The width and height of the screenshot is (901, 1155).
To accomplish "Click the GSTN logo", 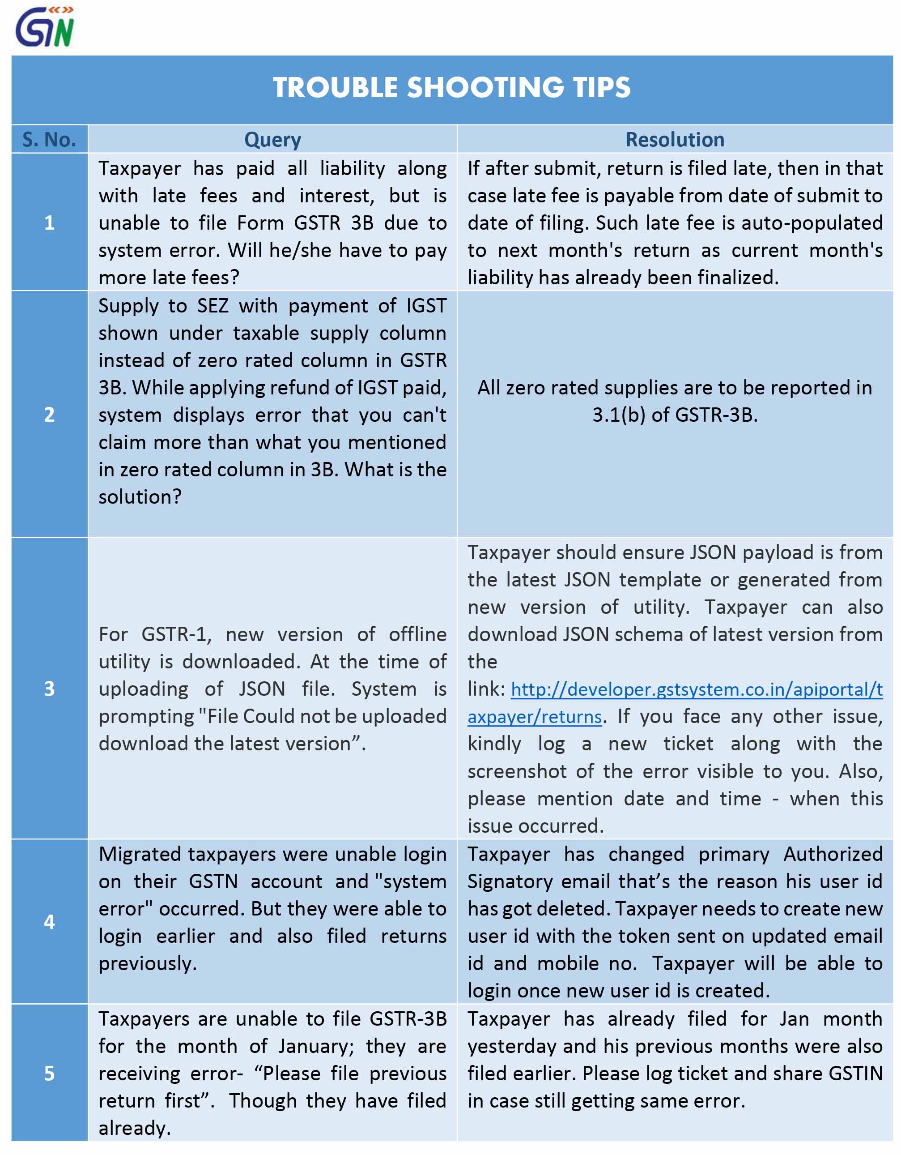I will [45, 27].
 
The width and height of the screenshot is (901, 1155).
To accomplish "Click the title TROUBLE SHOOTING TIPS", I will [451, 88].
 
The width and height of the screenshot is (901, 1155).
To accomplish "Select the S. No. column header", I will [49, 140].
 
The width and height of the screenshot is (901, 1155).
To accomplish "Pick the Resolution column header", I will [674, 140].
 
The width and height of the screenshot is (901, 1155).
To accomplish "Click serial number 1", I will [49, 222].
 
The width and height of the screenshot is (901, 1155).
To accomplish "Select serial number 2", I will [49, 415].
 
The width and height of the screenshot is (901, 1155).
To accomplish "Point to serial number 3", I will [49, 689].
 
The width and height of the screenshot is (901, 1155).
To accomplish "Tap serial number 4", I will [49, 922].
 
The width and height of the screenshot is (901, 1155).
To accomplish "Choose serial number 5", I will [49, 1074].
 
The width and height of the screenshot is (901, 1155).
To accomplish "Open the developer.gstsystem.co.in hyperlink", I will [696, 689].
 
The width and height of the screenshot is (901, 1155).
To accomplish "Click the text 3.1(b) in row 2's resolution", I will [619, 415].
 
